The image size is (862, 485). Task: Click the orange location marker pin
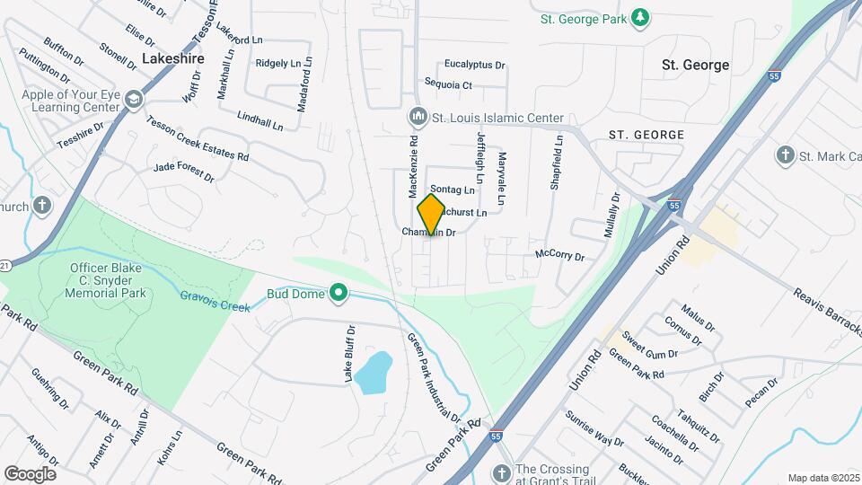[x=432, y=214]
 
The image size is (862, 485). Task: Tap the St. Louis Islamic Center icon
[x=418, y=118]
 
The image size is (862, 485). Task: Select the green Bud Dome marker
[x=339, y=293]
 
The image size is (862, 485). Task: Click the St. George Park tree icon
[x=639, y=18]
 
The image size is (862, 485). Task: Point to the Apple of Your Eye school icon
[x=134, y=99]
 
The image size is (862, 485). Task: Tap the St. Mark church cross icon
[x=786, y=156]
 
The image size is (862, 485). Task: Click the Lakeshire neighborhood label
[x=173, y=58]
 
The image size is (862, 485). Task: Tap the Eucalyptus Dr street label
[x=476, y=65]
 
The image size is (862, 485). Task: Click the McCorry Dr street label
[x=559, y=256]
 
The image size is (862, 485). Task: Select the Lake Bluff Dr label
[x=350, y=354]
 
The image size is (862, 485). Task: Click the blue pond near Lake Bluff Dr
[x=373, y=372]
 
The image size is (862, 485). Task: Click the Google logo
[x=30, y=473]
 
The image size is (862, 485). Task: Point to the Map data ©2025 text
[x=822, y=478]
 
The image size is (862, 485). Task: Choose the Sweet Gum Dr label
[x=650, y=348]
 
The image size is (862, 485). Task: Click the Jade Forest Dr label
[x=184, y=172]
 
